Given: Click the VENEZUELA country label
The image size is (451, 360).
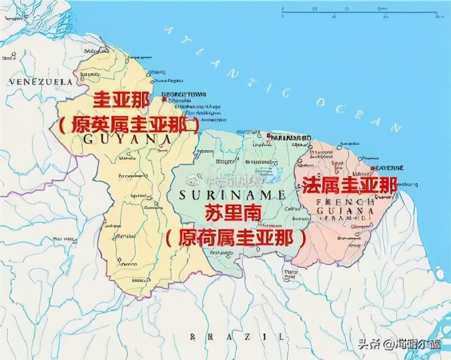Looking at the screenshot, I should click(40, 81).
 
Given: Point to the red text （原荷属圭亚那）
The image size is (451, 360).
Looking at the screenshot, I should click(238, 237).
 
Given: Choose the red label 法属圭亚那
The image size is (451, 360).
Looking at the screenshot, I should click(350, 185).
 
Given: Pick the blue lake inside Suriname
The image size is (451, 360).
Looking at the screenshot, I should click(272, 175).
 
